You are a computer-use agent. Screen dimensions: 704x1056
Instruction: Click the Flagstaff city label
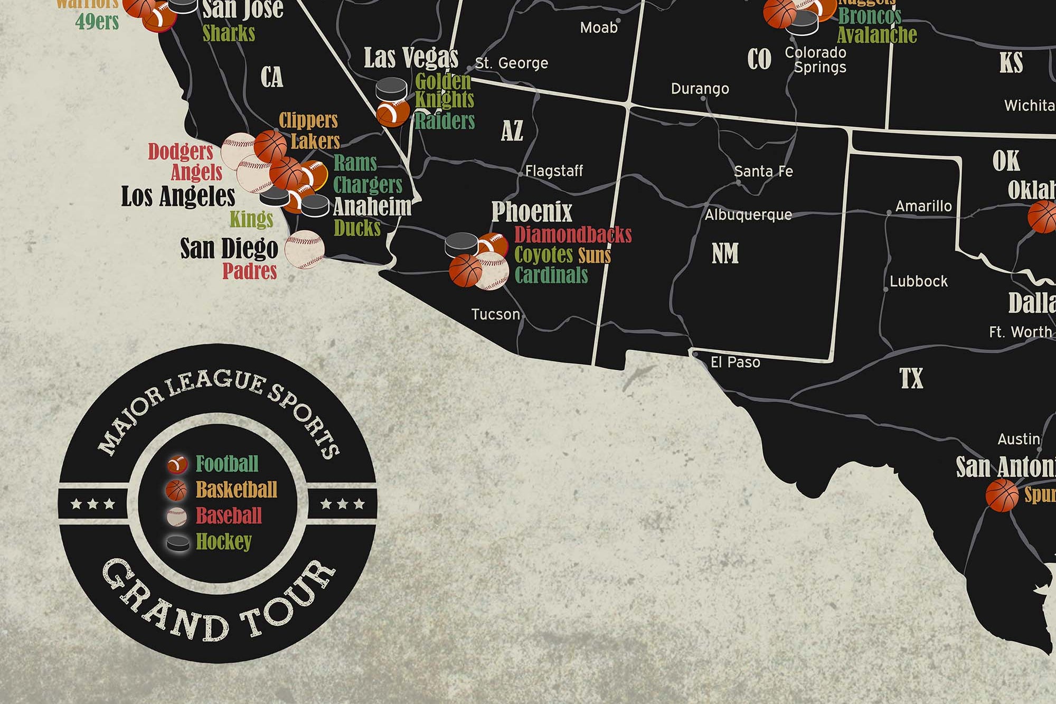[x=554, y=171]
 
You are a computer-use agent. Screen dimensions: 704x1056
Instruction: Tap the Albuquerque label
[x=748, y=215]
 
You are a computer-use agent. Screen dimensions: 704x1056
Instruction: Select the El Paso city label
[x=735, y=362]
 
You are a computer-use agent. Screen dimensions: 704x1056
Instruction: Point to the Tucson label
[x=495, y=315]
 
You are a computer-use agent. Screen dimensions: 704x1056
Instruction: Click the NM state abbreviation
[x=725, y=254]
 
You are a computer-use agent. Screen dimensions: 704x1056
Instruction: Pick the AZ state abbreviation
[x=512, y=131]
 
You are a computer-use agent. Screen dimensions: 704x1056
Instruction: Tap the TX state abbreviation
[x=911, y=379]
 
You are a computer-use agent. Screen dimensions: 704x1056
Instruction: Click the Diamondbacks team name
[x=573, y=234]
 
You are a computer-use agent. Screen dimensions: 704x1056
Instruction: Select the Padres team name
[x=249, y=271]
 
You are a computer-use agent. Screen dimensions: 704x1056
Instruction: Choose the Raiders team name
[x=445, y=121]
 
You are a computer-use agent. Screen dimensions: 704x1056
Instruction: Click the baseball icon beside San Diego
[x=305, y=250]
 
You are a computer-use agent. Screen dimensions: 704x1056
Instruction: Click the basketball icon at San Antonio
[x=1002, y=495]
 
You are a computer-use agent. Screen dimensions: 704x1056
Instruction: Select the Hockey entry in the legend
[x=223, y=541]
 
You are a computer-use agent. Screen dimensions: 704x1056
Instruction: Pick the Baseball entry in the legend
[x=229, y=515]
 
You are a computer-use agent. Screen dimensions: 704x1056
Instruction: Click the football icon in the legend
[x=177, y=464]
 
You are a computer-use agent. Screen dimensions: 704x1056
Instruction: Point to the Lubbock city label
[x=919, y=281]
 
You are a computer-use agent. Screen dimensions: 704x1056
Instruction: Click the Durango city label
[x=700, y=89]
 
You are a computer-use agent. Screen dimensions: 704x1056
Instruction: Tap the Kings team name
[x=251, y=219]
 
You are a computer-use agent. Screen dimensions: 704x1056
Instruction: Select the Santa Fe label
[x=763, y=172]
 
